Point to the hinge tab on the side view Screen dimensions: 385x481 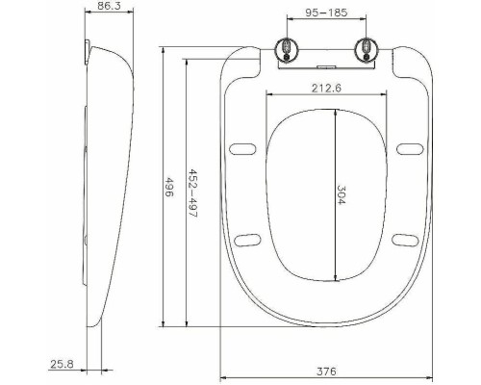coord(88,47)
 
